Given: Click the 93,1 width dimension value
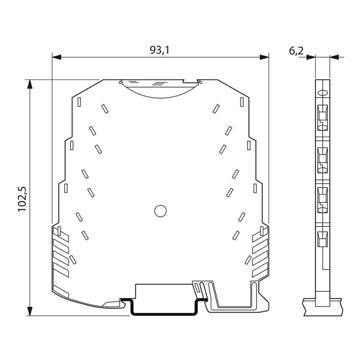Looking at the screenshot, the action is pyautogui.click(x=160, y=50).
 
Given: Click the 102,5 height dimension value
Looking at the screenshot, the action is pyautogui.click(x=23, y=199).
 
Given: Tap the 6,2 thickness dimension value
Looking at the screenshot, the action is pyautogui.click(x=296, y=51).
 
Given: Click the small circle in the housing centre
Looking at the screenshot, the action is pyautogui.click(x=160, y=211).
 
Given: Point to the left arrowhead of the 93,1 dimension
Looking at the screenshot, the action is pyautogui.click(x=57, y=57).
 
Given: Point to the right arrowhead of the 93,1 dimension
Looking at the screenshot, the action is pyautogui.click(x=264, y=57).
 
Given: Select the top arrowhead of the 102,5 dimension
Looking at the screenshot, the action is pyautogui.click(x=29, y=84).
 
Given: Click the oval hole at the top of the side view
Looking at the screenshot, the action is pyautogui.click(x=322, y=93).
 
